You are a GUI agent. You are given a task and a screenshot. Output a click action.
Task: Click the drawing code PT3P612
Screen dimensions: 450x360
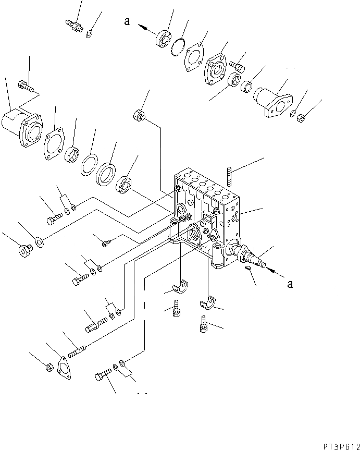(x=336, y=440)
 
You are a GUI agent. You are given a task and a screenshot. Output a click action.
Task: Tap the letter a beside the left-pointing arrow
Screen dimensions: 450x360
(x=127, y=21)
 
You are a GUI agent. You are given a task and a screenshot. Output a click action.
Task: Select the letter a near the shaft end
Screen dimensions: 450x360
(x=290, y=284)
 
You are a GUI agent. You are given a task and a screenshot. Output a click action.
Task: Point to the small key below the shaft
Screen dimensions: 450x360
(x=248, y=269)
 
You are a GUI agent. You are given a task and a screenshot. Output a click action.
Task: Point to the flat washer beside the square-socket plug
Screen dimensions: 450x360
(x=40, y=241)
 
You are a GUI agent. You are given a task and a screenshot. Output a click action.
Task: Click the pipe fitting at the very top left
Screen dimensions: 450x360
(x=73, y=26)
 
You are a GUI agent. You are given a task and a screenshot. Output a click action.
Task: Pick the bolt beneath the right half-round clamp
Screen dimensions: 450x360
(x=204, y=325)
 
